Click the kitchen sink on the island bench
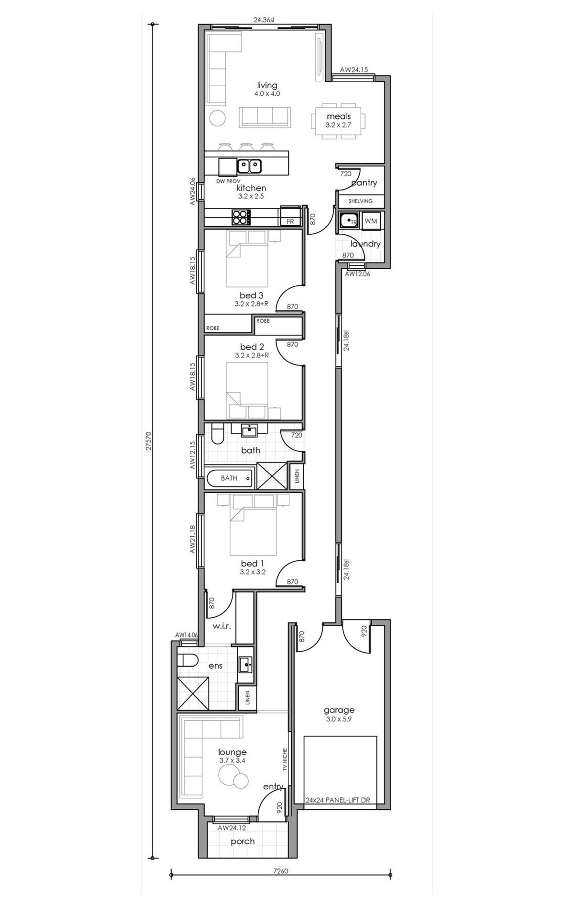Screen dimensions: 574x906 coord(249,166)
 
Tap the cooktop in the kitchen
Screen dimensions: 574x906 coord(241,217)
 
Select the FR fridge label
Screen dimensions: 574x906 coord(290,222)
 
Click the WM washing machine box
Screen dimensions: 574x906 coord(371,221)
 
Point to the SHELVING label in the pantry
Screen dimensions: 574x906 coord(360,201)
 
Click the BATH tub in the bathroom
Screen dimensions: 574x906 coord(229,478)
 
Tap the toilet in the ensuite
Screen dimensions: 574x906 coord(188,661)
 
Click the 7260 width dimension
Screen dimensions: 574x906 coord(281,871)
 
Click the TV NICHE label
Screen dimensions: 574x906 coord(285,759)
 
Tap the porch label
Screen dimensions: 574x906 coord(243,841)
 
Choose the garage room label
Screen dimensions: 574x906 coord(339,710)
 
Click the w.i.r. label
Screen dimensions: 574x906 coord(221,626)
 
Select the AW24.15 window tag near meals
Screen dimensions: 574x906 coord(354,70)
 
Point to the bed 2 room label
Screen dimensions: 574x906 coord(252,347)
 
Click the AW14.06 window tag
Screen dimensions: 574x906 coord(187,635)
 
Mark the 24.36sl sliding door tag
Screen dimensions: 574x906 coord(264,20)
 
